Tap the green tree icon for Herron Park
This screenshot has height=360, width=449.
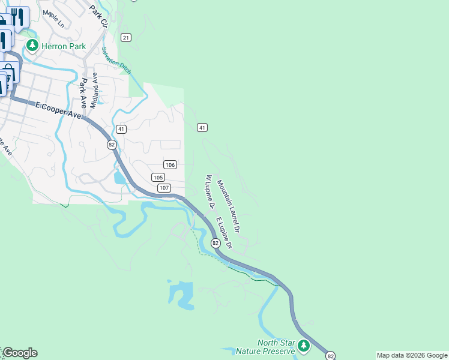[32, 46]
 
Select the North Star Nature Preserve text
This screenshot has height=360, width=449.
[276, 347]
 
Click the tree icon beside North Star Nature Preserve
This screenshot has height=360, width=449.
[304, 346]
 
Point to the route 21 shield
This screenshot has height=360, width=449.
[125, 38]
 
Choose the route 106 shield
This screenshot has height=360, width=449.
[170, 164]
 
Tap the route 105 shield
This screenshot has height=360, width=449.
[158, 177]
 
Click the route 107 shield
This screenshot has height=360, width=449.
[164, 188]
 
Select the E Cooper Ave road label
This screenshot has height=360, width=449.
[58, 110]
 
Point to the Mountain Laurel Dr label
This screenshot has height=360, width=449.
[229, 206]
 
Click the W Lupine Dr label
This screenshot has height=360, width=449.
[210, 191]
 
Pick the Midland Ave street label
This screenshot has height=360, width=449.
[94, 91]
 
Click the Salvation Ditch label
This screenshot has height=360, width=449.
[116, 61]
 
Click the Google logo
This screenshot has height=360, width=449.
[19, 353]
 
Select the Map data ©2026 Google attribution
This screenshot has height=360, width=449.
[412, 355]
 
